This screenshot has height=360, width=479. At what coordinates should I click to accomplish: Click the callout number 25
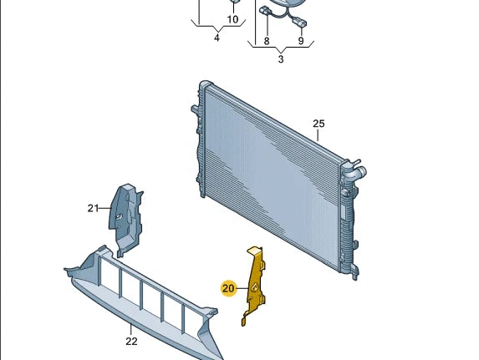[x=318, y=124]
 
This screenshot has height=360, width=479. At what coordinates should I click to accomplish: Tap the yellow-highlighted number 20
[x=228, y=288]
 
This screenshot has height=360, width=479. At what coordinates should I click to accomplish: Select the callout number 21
[x=93, y=208]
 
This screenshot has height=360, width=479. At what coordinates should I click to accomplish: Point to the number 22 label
[x=131, y=340]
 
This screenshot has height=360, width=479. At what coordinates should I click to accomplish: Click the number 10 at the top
[x=233, y=19]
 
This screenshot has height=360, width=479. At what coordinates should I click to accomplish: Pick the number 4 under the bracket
[x=217, y=38]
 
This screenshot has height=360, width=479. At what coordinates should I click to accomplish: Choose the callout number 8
[x=266, y=41]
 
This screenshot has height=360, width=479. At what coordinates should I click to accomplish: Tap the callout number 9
[x=301, y=41]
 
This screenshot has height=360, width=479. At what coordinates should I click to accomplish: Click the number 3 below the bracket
[x=281, y=59]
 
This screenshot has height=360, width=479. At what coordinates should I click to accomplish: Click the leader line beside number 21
[x=105, y=208]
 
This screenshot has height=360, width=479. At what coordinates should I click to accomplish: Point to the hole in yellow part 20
[x=251, y=288]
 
